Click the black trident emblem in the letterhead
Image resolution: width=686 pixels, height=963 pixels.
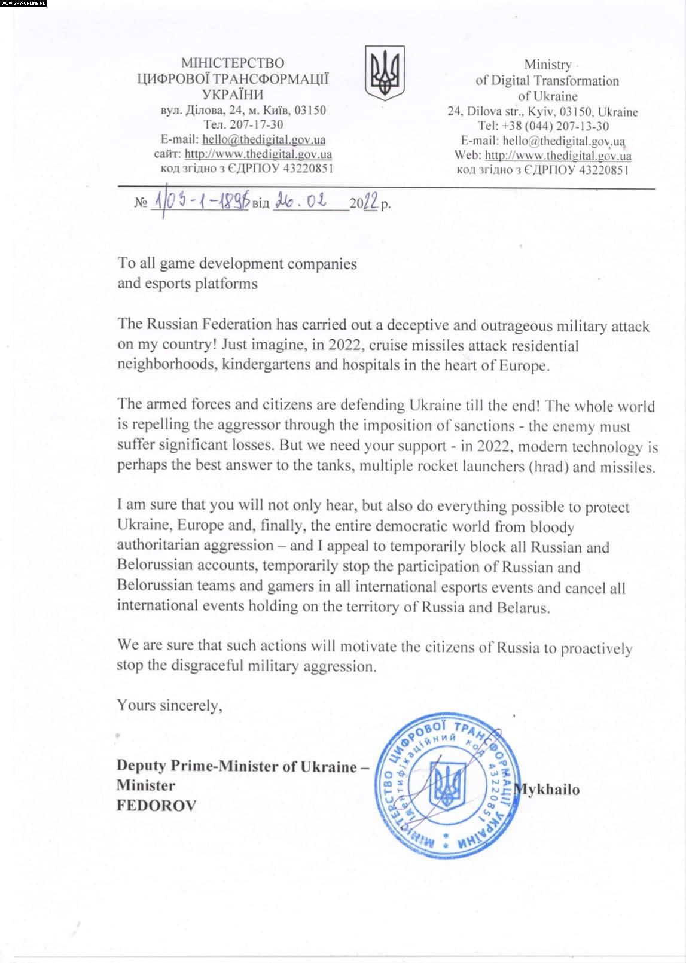385,72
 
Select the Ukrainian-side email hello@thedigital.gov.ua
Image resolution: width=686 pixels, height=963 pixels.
264,139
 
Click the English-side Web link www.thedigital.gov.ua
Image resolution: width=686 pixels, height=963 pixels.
558,156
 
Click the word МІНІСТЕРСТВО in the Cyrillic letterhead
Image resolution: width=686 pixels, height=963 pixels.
233,63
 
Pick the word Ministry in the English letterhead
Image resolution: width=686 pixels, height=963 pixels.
547,65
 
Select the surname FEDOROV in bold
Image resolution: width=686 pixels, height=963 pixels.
156,805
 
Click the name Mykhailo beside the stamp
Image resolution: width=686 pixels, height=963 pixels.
547,790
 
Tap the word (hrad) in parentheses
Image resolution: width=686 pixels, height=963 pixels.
548,467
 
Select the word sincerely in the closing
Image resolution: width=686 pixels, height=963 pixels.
191,705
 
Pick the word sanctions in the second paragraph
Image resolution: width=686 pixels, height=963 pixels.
483,426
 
